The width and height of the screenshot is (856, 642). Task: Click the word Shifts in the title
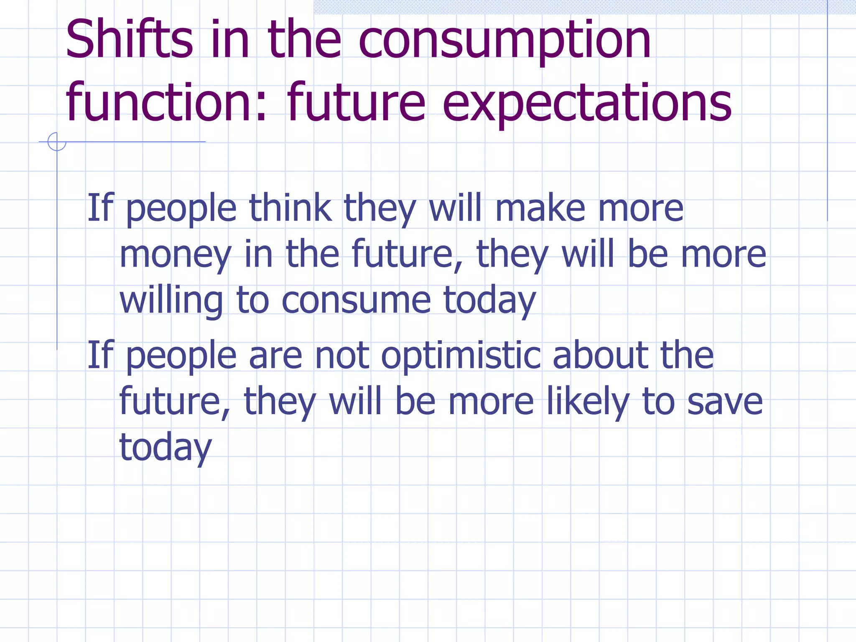[x=129, y=40]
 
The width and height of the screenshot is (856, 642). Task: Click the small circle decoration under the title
[x=57, y=142]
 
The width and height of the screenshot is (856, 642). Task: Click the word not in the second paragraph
[x=341, y=356]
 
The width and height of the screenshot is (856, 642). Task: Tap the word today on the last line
[x=166, y=448]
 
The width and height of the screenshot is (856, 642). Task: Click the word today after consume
[x=489, y=301]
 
